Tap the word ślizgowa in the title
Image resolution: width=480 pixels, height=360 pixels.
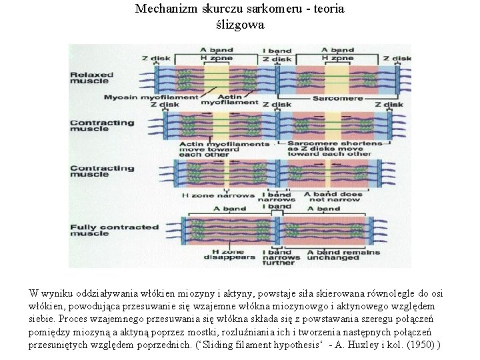pyautogui.click(x=240, y=25)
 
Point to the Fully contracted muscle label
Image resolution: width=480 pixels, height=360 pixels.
pyautogui.click(x=114, y=230)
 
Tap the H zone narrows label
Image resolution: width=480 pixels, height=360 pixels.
pyautogui.click(x=219, y=195)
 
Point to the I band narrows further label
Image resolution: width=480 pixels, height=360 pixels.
pyautogui.click(x=276, y=256)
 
